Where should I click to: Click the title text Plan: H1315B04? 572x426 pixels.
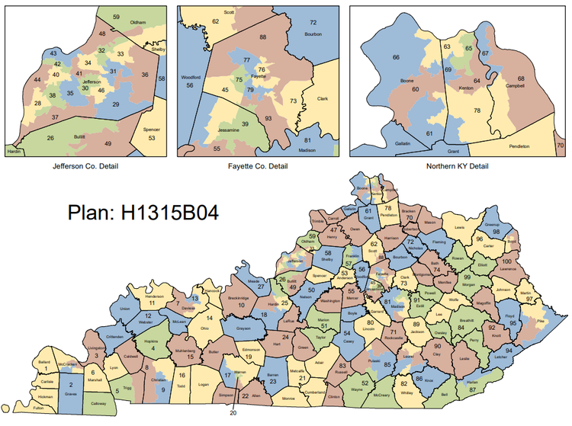coord(143,212)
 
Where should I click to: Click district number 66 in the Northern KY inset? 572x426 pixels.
coord(396,58)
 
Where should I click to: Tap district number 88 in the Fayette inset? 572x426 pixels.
coord(262,37)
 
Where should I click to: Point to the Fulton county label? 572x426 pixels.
coord(38,409)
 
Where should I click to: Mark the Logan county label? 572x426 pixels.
coord(202,386)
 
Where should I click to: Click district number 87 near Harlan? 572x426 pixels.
coord(473,389)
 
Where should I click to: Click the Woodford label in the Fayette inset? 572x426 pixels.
coord(189,78)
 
